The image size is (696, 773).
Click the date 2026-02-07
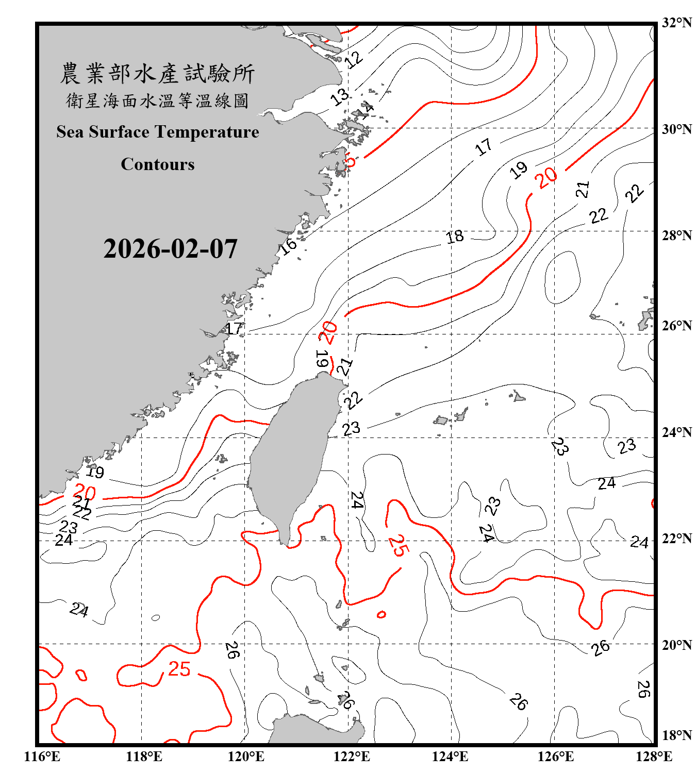click(170, 249)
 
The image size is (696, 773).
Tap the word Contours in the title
click(158, 164)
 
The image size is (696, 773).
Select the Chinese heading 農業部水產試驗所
click(157, 73)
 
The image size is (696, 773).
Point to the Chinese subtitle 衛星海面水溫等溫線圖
click(157, 100)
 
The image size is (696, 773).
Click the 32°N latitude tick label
click(676, 23)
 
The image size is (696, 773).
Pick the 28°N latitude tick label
click(676, 236)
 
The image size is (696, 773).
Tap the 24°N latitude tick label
click(676, 432)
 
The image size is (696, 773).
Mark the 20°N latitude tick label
click(676, 645)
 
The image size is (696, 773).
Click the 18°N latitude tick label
click(676, 735)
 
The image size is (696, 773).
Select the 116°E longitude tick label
click(42, 757)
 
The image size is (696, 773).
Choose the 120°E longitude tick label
click(246, 757)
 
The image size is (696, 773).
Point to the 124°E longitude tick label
click(450, 757)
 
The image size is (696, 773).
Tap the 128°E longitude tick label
click(654, 757)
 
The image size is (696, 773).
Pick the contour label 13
click(340, 97)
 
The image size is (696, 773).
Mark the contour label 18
click(455, 237)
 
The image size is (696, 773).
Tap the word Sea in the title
click(71, 132)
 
